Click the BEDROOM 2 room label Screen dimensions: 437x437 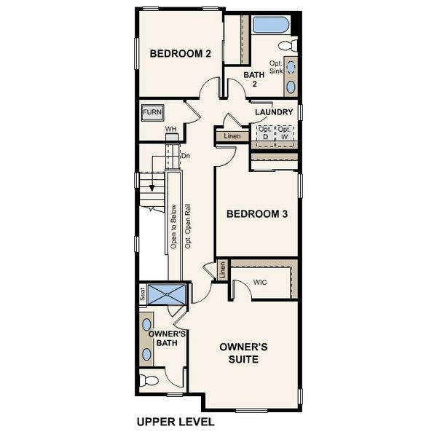tap(180, 53)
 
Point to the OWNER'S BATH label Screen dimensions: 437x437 tap(169, 339)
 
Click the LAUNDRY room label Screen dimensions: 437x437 tap(274, 112)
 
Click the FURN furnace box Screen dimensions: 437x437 tap(152, 112)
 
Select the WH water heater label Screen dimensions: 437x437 tap(171, 130)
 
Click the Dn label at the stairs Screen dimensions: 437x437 tap(186, 155)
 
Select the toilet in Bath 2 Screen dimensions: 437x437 tap(288, 45)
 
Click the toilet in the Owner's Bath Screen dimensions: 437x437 tap(150, 379)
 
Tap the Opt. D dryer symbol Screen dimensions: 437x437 tap(264, 133)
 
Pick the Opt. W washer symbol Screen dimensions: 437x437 tap(284, 133)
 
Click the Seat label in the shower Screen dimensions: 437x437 tap(143, 294)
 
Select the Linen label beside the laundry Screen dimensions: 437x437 tap(232, 136)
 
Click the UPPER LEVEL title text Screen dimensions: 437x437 tap(176, 422)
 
